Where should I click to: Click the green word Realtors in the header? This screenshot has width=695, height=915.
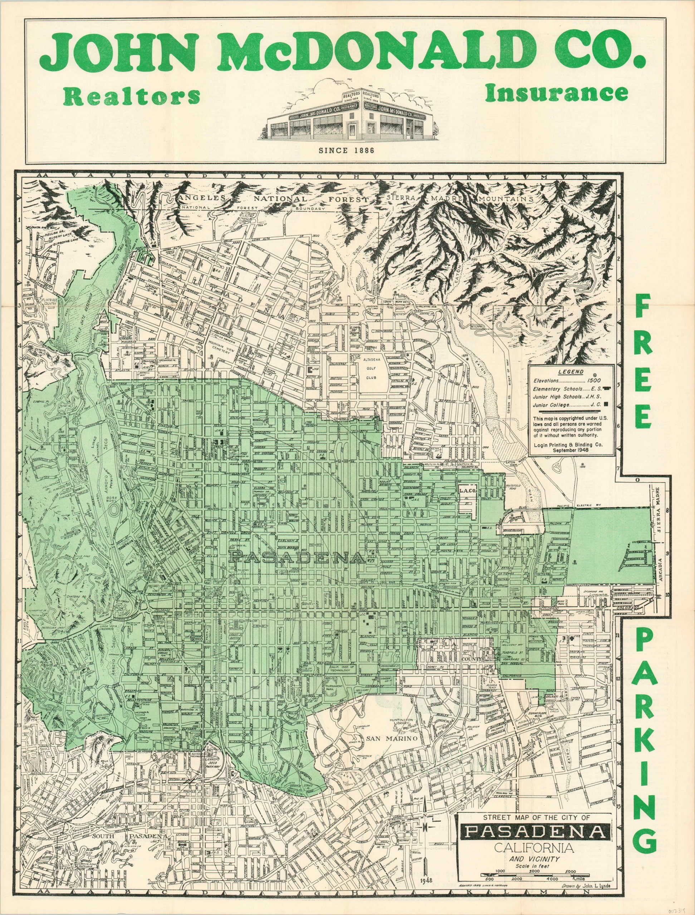coord(132,97)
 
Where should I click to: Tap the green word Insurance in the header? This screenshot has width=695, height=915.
coord(557,93)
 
